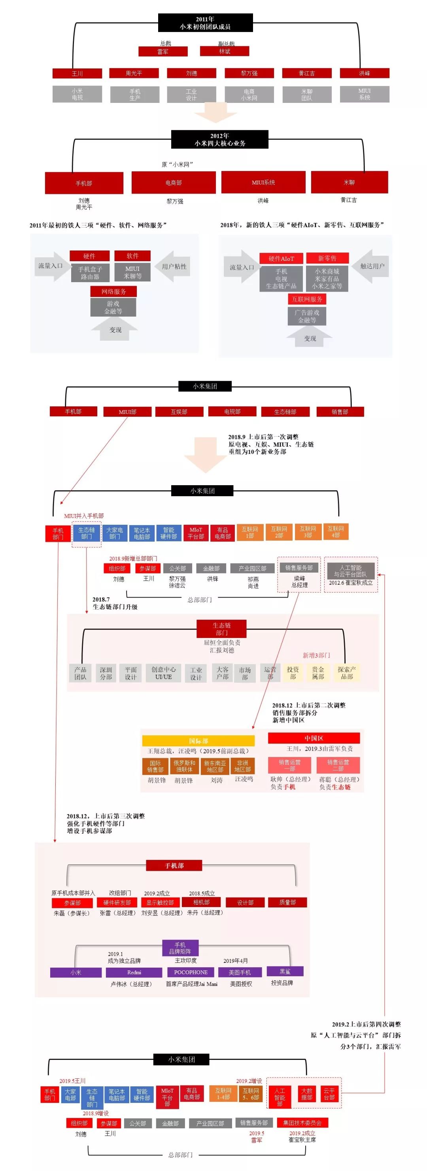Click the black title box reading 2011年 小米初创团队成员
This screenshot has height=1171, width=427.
(205, 23)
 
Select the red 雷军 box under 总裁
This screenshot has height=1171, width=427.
(162, 52)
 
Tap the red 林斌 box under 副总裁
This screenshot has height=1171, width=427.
(225, 51)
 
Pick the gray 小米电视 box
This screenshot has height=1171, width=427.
(77, 94)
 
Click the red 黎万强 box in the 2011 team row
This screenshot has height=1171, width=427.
(249, 73)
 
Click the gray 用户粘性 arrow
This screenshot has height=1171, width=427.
(173, 266)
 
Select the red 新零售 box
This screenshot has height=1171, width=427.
(327, 258)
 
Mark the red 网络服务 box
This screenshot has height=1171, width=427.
(113, 291)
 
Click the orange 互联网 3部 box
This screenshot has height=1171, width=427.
(308, 532)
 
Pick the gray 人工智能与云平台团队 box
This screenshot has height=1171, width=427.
(351, 571)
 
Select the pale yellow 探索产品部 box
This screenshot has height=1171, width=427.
(347, 673)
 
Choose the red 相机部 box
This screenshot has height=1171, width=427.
(201, 902)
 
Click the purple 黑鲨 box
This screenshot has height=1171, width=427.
(285, 971)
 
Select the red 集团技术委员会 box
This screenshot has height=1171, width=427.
(302, 1122)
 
